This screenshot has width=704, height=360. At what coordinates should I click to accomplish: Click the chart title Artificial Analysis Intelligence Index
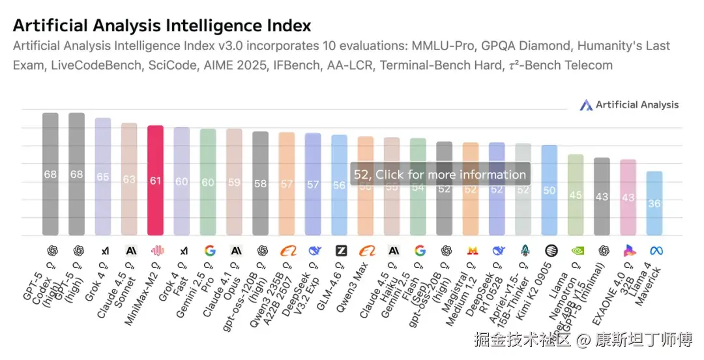(x=162, y=25)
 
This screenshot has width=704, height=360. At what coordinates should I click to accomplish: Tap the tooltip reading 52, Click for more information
(x=440, y=174)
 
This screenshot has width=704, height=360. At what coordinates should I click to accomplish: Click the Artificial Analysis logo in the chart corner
(x=629, y=105)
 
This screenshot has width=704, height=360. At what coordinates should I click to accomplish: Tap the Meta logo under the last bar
(x=655, y=250)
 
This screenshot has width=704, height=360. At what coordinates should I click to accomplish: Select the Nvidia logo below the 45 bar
(x=576, y=250)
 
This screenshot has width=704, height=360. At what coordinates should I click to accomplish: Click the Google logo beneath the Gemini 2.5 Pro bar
(x=209, y=250)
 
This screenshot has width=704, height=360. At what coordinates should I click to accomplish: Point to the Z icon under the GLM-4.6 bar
(x=340, y=250)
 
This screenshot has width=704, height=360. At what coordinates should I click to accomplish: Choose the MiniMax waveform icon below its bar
(x=156, y=250)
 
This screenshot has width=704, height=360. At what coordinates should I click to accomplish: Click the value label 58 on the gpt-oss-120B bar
(x=260, y=184)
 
